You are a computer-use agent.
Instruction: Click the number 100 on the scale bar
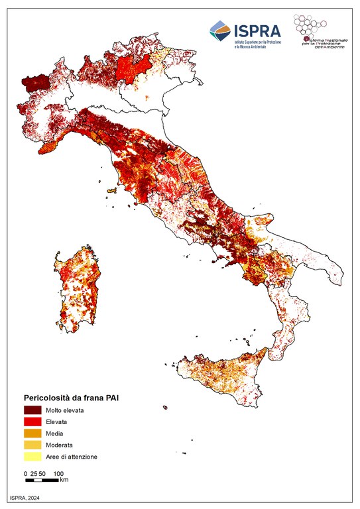point(58,473)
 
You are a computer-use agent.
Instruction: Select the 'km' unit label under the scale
point(64,480)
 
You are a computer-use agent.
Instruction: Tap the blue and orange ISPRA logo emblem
point(220,30)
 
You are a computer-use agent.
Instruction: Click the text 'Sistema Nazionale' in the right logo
point(326,40)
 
